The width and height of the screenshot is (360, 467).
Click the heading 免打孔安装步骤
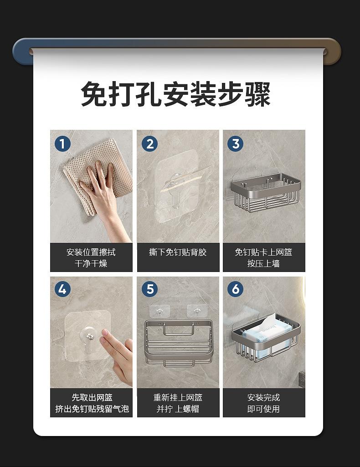click(x=176, y=94)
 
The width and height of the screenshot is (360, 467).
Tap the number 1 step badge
click(x=62, y=144)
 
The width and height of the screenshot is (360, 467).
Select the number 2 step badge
click(x=149, y=144)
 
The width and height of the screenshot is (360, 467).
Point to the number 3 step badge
click(x=235, y=144)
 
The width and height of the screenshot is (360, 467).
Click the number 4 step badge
click(x=62, y=289)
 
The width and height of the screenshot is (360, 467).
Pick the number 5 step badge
click(x=149, y=289)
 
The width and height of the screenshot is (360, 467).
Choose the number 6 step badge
click(x=235, y=289)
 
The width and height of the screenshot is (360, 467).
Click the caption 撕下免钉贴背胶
click(x=178, y=252)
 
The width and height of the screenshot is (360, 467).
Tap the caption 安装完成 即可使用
click(x=263, y=403)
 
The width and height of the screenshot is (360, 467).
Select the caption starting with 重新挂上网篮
click(x=178, y=403)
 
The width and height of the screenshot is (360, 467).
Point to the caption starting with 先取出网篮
click(x=92, y=403)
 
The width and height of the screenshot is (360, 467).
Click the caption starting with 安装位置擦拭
click(x=91, y=257)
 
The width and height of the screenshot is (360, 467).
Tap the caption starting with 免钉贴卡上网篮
click(x=263, y=257)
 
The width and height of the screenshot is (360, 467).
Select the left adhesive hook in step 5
click(x=159, y=311)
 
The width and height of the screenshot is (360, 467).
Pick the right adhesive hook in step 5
click(x=197, y=311)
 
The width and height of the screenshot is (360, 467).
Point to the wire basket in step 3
click(x=266, y=190)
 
